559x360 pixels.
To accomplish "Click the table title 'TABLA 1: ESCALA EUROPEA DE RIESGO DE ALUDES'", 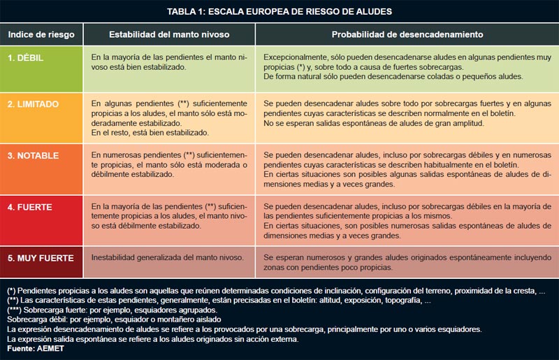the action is pyautogui.click(x=279, y=11).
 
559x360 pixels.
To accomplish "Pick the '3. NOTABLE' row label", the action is pyautogui.click(x=33, y=156).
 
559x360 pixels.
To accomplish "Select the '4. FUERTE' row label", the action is pyautogui.click(x=30, y=208).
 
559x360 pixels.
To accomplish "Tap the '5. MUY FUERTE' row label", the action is pyautogui.click(x=41, y=257).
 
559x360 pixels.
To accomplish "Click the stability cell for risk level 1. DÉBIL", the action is pyautogui.click(x=168, y=63).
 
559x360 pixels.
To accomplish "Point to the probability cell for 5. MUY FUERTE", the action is pyautogui.click(x=405, y=262).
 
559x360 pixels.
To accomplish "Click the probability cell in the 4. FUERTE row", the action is pyautogui.click(x=405, y=221).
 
